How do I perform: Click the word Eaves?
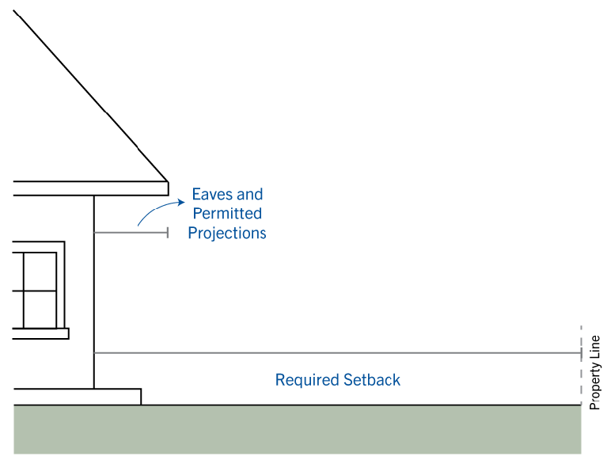pos(212,195)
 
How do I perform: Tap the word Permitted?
pos(227,213)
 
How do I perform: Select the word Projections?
pos(227,234)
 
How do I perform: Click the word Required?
pos(306,380)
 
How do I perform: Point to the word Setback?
pos(372,380)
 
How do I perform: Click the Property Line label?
pos(594,372)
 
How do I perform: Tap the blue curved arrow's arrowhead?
pos(181,202)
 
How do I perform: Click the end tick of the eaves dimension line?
pos(168,233)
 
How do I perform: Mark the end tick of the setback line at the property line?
pos(581,353)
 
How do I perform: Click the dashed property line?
pos(581,366)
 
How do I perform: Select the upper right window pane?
pos(40,272)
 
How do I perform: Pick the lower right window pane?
pos(40,310)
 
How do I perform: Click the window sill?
pos(40,333)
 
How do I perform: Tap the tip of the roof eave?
pos(169,181)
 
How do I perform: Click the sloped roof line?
pos(91,96)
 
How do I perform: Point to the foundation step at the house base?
pos(78,397)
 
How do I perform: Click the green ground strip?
pos(298,429)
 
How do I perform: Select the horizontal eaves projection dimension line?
pos(131,233)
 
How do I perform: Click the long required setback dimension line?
pos(338,353)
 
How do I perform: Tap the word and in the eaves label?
pos(250,195)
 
